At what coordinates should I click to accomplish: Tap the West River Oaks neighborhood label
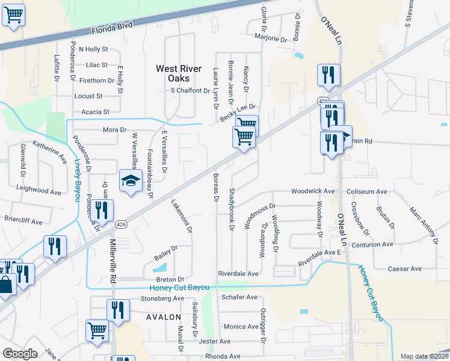[173, 73]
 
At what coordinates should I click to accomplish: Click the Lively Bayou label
[78, 174]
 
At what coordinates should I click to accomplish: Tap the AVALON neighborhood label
[162, 316]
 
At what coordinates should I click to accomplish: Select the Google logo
[20, 354]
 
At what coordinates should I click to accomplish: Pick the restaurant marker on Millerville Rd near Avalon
[118, 310]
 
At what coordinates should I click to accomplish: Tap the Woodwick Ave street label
[312, 191]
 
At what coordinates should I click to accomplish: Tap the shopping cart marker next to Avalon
[97, 329]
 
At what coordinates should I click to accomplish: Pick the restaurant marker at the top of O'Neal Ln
[328, 75]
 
